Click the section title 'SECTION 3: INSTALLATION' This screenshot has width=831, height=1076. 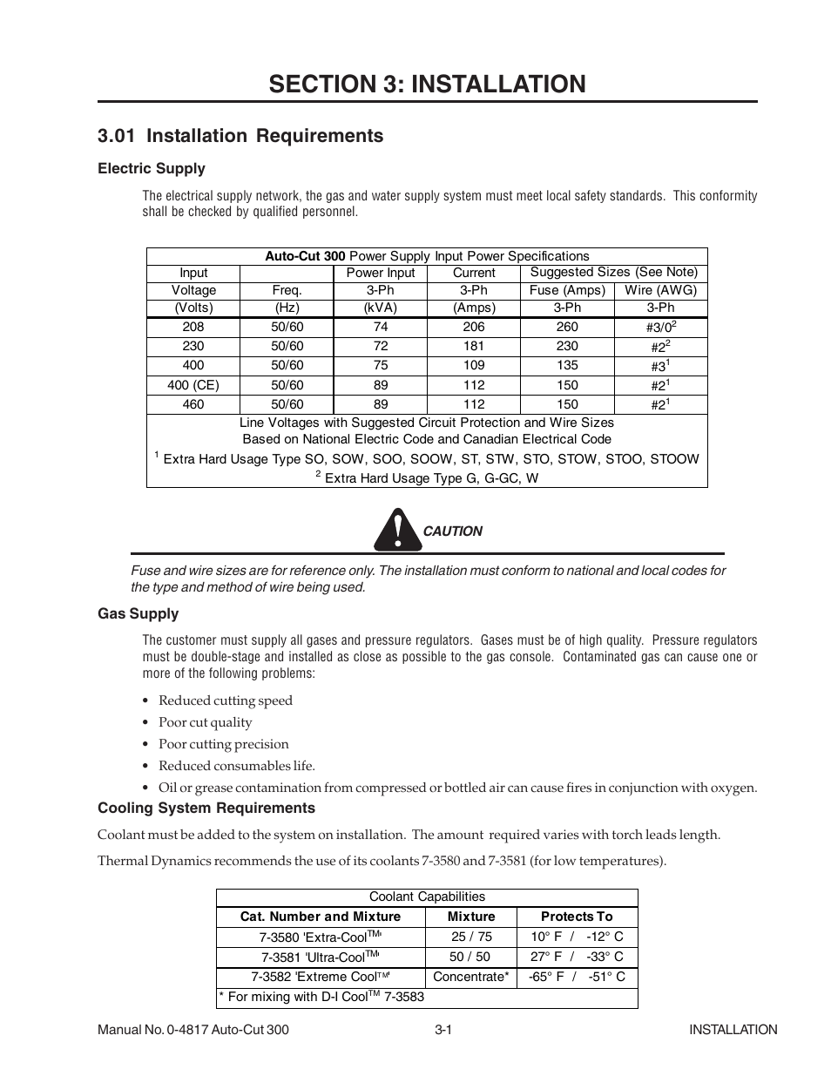click(427, 84)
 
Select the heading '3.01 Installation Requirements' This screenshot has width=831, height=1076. click(240, 136)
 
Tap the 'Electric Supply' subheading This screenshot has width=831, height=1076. click(152, 169)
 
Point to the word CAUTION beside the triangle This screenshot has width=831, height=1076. click(452, 531)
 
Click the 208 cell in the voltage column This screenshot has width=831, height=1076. click(193, 327)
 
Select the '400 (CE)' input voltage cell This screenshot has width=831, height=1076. click(193, 385)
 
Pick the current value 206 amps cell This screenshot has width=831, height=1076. click(474, 327)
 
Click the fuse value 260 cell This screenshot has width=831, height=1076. click(567, 327)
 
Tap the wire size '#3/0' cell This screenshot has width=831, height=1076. click(661, 328)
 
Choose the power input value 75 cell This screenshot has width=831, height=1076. click(381, 366)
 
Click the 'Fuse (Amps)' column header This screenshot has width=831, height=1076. click(567, 290)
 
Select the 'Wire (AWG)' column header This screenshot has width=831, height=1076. click(661, 290)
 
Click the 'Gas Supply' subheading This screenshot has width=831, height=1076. click(138, 614)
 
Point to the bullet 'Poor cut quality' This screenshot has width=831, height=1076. click(206, 722)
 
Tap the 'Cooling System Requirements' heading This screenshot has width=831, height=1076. click(206, 809)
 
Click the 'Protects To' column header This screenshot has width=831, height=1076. click(577, 917)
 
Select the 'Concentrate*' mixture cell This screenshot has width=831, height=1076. click(471, 977)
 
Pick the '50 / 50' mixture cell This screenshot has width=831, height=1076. click(470, 957)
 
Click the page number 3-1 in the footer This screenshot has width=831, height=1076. click(443, 1030)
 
